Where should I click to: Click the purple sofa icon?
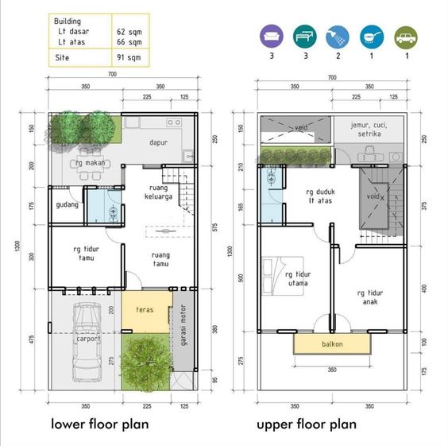[x=272, y=37]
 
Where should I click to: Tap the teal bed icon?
[x=305, y=37]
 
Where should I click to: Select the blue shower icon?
[x=338, y=37]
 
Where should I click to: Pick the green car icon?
[x=406, y=37]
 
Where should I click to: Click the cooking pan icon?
[x=372, y=37]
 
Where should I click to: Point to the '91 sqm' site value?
[x=129, y=57]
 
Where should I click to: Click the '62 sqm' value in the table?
[x=129, y=32]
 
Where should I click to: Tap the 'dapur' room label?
[x=158, y=142]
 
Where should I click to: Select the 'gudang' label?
[x=68, y=205]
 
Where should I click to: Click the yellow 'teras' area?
[x=146, y=312]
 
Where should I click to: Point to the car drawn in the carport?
[x=87, y=342]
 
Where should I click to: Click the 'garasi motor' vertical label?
[x=183, y=325]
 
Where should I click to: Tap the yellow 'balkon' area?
[x=332, y=344]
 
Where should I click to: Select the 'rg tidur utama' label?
[x=298, y=279]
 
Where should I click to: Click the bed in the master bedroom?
[x=283, y=276]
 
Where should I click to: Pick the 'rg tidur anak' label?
[x=370, y=297]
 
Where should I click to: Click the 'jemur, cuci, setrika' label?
[x=369, y=130]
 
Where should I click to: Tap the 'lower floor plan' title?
[x=100, y=424]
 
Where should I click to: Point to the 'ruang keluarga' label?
[x=158, y=192]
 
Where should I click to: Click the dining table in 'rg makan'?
[x=91, y=165]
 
